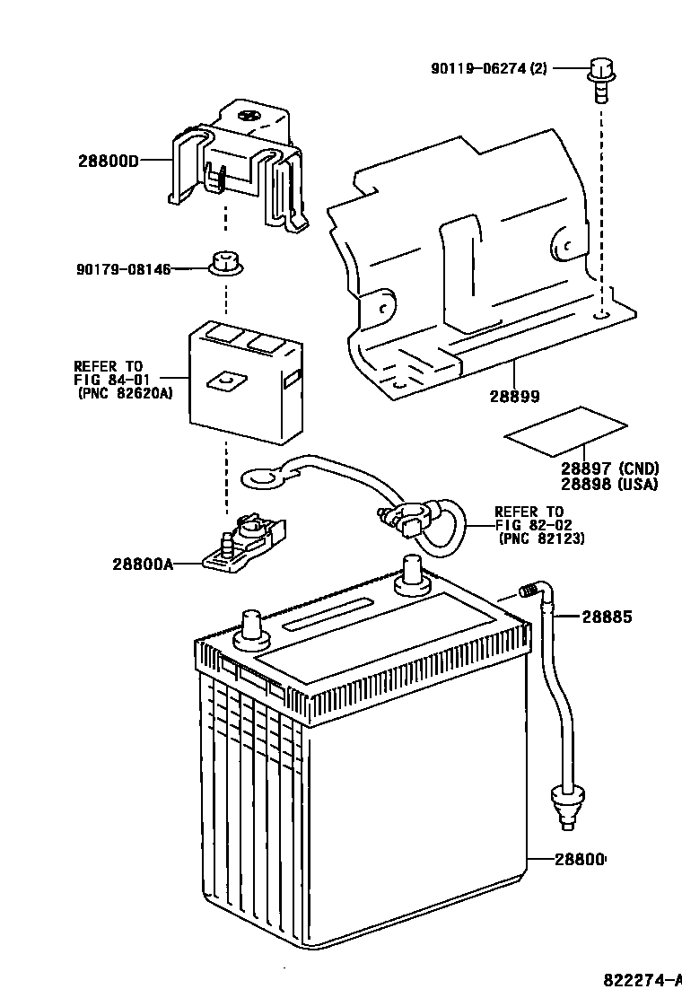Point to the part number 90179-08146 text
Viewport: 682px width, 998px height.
(123, 268)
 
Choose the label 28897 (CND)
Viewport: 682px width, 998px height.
(609, 468)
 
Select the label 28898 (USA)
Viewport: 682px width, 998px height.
(609, 484)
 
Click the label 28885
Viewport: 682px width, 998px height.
(607, 617)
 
